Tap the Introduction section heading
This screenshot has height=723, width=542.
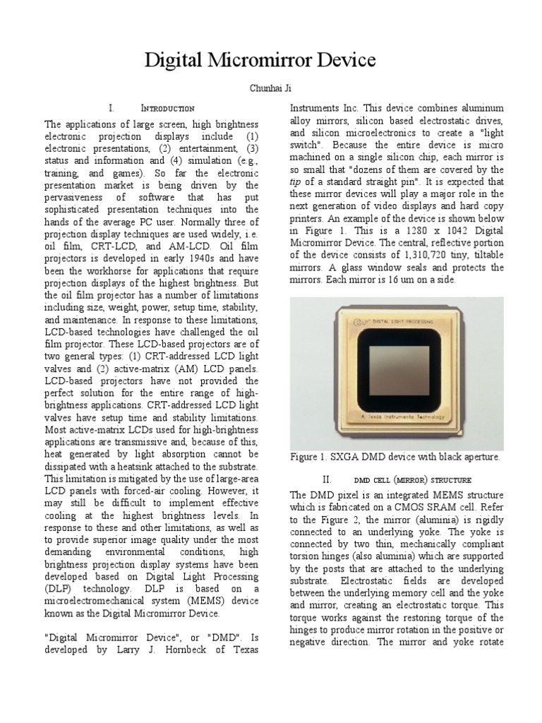coord(167,109)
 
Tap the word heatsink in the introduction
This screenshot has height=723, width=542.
coord(153,466)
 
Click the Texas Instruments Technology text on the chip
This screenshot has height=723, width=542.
coord(397,417)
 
